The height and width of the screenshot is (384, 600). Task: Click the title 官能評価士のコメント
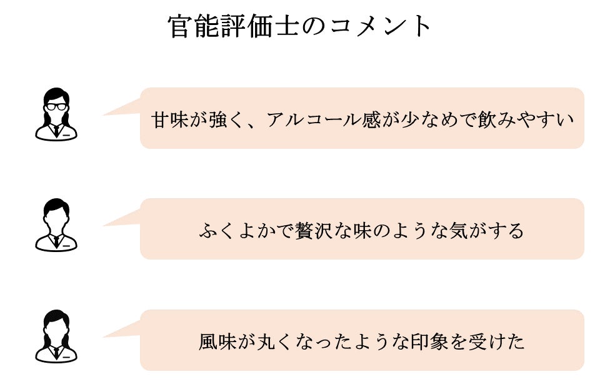pos(299,26)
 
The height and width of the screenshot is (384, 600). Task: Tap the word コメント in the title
pos(381,27)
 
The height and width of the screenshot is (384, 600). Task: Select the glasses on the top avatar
pos(56,106)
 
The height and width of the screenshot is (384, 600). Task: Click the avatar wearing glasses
pos(56,114)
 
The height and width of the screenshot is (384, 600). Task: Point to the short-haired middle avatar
pos(56,225)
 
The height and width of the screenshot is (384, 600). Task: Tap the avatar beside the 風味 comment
pos(56,336)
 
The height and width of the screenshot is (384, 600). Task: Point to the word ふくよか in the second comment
pos(238,231)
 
